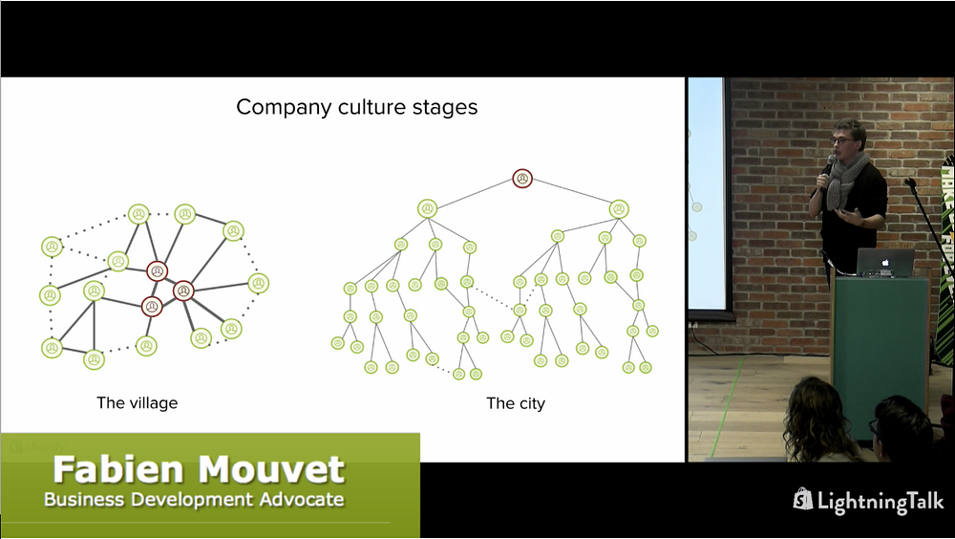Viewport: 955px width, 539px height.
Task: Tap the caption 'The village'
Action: (x=137, y=403)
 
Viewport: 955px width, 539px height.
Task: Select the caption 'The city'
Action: (x=516, y=403)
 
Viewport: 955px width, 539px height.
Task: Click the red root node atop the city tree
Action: (x=522, y=179)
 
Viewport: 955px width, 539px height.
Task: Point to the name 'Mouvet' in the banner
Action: (x=271, y=469)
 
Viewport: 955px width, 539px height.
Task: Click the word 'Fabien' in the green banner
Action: (x=118, y=469)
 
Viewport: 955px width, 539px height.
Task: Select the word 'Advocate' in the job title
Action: (x=302, y=500)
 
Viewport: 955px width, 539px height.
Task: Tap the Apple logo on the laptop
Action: (x=885, y=263)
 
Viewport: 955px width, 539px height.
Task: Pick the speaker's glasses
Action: (x=843, y=140)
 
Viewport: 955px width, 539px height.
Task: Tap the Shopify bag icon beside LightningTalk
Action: (x=803, y=499)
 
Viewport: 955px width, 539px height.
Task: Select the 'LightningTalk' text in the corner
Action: (x=881, y=501)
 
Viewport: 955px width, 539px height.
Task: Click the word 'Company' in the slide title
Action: (x=285, y=108)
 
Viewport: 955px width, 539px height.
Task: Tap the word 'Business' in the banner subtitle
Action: (x=84, y=500)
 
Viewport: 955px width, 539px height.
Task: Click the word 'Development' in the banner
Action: (x=192, y=500)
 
